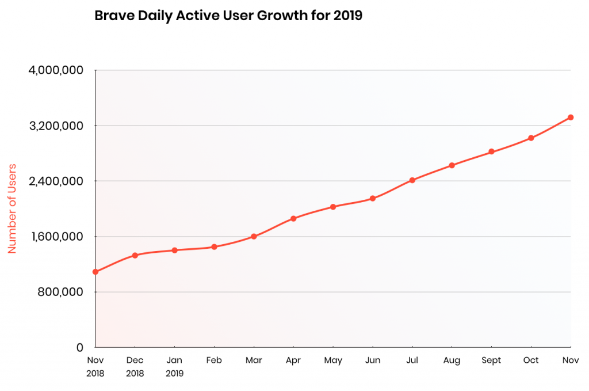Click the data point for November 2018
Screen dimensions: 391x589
tap(95, 272)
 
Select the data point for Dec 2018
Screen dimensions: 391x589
tap(135, 255)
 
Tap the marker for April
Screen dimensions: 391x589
tap(293, 218)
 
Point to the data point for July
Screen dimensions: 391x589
tap(412, 180)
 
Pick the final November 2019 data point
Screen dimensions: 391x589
tap(571, 117)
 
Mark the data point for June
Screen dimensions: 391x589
tap(373, 199)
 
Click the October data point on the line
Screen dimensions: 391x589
tap(531, 138)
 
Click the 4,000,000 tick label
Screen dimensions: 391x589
tap(56, 70)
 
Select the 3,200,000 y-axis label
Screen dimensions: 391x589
tap(56, 126)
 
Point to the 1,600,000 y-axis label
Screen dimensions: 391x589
tap(56, 237)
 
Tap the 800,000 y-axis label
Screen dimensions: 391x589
tap(60, 292)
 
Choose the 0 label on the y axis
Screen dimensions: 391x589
tap(79, 347)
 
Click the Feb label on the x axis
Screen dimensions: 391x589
tap(214, 360)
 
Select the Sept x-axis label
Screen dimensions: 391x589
tap(491, 360)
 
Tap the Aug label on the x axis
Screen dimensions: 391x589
tap(452, 360)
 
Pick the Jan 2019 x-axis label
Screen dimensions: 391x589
tap(174, 367)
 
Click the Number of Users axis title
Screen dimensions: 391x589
tap(12, 208)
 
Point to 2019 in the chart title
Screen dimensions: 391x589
tap(347, 16)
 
